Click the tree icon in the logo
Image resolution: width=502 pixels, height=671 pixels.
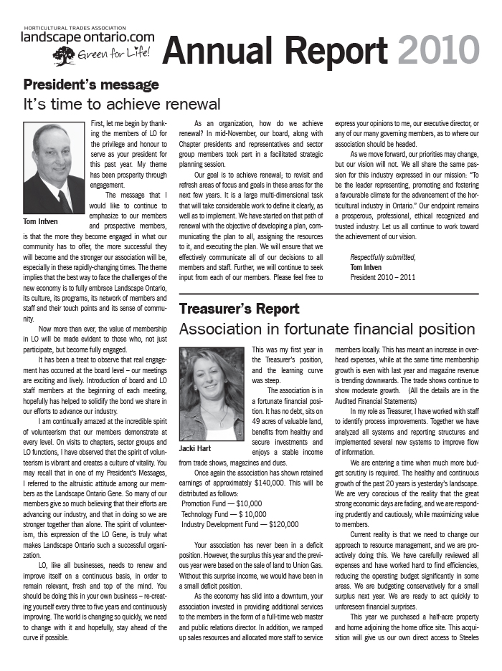[x=64, y=56]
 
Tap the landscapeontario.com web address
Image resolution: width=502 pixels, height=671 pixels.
[x=87, y=37]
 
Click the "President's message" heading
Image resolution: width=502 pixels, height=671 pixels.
[x=91, y=85]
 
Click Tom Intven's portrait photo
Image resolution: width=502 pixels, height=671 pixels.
[x=55, y=168]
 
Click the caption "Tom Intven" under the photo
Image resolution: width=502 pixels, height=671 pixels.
[x=41, y=222]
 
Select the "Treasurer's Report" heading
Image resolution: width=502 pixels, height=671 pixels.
[x=239, y=309]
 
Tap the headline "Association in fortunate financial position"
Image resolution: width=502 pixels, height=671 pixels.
[x=326, y=329]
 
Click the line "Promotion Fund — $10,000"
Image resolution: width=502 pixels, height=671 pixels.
[x=222, y=503]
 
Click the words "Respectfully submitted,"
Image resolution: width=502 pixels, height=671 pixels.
[x=382, y=257]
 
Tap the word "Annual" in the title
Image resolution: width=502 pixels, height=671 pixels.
[x=219, y=50]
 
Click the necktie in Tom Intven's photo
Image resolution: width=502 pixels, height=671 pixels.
[x=63, y=200]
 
